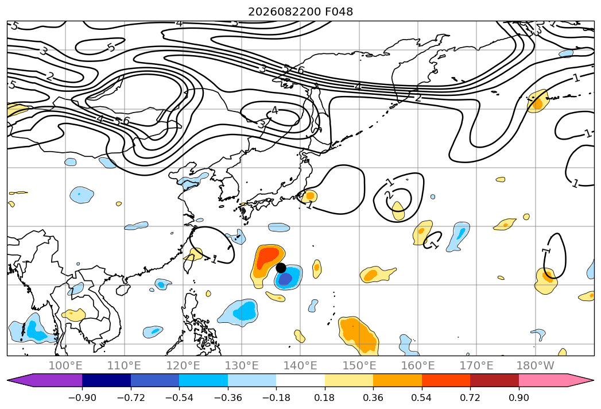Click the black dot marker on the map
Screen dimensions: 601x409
click(x=281, y=268)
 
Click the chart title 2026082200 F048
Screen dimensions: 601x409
click(x=301, y=12)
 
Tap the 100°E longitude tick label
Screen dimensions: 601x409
click(x=65, y=366)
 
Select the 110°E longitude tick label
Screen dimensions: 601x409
click(x=124, y=366)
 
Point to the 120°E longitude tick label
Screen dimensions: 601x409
click(x=183, y=366)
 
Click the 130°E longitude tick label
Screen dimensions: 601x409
click(x=242, y=366)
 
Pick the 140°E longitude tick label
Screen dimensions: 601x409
click(x=300, y=366)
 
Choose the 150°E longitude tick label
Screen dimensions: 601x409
click(x=359, y=366)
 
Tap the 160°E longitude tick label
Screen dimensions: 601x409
click(x=418, y=366)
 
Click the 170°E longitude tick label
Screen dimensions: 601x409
click(x=476, y=366)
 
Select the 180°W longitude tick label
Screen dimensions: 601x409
click(x=535, y=366)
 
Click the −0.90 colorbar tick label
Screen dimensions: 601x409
click(x=82, y=398)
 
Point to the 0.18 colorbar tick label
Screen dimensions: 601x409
click(x=325, y=398)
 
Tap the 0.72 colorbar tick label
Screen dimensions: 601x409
click(x=470, y=398)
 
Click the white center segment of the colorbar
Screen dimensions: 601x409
click(x=301, y=380)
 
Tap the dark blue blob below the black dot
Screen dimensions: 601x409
click(x=285, y=279)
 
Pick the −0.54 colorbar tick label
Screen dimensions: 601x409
click(x=179, y=398)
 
